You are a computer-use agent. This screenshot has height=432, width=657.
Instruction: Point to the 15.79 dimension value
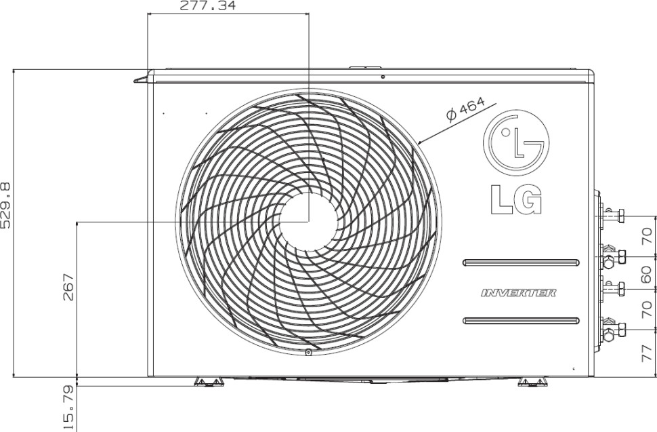click(68, 407)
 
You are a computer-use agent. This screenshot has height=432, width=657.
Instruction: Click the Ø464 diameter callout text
click(465, 109)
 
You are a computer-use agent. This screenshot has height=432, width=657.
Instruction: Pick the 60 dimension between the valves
click(646, 274)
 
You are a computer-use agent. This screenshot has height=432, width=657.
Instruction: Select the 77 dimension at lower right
click(646, 353)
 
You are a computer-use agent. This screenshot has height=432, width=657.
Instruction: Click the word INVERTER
click(519, 293)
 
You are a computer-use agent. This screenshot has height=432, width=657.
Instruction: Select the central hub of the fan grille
click(308, 222)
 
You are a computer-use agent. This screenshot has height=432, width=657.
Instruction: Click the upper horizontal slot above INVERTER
click(520, 262)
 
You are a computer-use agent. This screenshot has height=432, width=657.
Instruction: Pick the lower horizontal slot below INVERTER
click(520, 320)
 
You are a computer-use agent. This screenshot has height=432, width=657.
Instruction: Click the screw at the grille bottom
click(308, 352)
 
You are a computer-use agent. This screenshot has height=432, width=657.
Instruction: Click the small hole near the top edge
click(383, 77)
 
